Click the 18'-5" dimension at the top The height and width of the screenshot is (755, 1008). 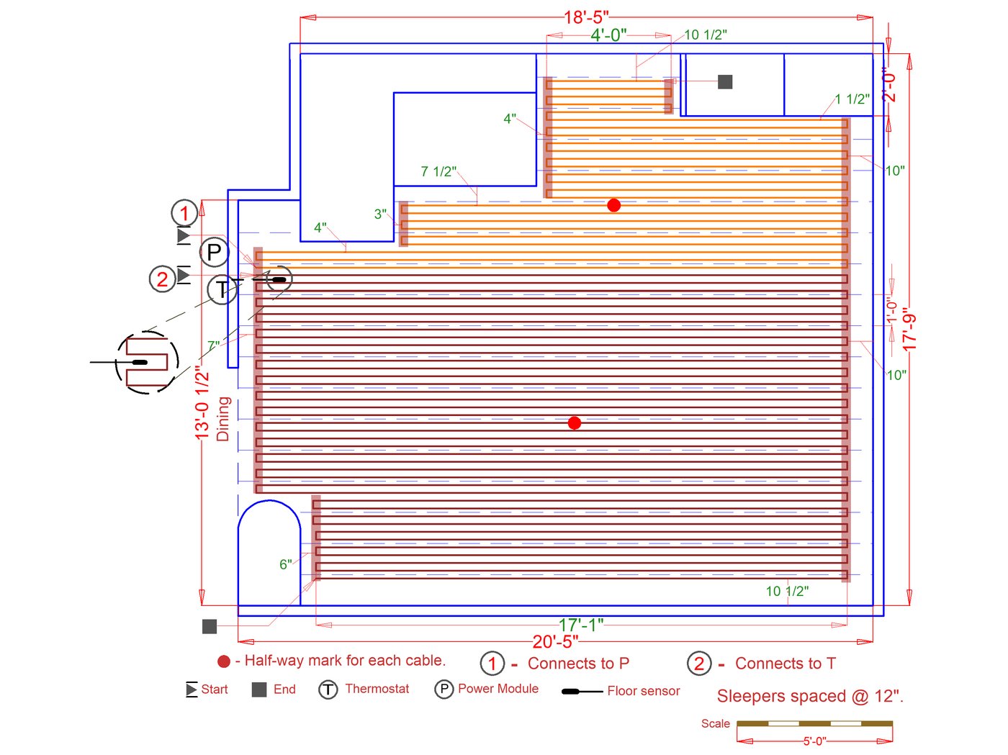[x=585, y=17]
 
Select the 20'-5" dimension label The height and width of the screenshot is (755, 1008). [x=555, y=641]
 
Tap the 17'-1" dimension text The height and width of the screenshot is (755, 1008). [x=580, y=625]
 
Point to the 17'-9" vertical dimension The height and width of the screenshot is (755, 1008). [x=909, y=329]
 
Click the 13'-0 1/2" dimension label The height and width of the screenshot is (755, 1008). [x=202, y=402]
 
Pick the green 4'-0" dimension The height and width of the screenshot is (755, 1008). [x=608, y=35]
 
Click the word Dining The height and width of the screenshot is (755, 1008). [x=222, y=419]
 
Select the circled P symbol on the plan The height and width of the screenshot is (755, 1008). [x=214, y=252]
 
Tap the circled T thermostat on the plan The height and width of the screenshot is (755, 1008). [x=222, y=289]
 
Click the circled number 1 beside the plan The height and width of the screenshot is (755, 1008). [x=184, y=213]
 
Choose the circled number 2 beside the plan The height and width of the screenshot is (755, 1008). [x=163, y=279]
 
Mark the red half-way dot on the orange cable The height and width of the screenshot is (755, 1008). [x=613, y=205]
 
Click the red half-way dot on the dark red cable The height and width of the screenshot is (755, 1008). [x=574, y=422]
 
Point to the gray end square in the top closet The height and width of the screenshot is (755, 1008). [x=724, y=82]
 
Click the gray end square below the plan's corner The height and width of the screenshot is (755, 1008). [x=210, y=626]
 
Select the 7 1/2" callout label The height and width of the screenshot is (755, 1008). [x=438, y=171]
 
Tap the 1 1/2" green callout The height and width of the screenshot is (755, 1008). [x=852, y=99]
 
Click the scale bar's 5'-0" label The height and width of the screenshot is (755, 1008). [x=814, y=741]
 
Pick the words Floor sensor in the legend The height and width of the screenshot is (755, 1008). [x=644, y=691]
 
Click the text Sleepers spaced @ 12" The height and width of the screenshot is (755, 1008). [x=810, y=696]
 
